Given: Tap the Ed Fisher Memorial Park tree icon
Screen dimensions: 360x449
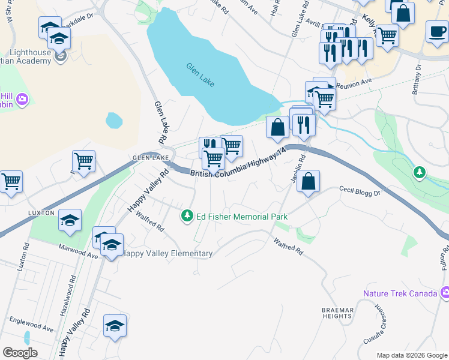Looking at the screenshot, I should [x=188, y=216].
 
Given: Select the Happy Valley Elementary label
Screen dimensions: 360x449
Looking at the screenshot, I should [x=167, y=254].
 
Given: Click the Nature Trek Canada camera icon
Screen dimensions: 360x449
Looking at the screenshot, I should [x=445, y=293].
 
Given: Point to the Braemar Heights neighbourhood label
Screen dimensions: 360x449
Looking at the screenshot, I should [x=336, y=312].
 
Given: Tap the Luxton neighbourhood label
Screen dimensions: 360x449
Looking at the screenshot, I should [x=41, y=213].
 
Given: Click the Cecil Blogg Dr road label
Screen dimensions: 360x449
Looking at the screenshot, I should [x=360, y=191].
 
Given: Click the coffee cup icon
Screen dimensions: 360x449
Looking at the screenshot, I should [x=437, y=31].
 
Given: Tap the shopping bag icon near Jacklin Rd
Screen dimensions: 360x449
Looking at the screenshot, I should [x=308, y=182].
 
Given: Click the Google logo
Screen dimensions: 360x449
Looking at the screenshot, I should [x=20, y=353].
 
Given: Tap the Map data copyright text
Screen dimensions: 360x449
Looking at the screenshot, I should [x=412, y=355].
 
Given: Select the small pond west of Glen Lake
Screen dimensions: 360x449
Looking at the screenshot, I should [x=114, y=121].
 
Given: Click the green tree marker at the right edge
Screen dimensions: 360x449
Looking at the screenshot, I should [x=420, y=173].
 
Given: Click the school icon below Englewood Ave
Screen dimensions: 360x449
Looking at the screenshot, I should [x=115, y=326].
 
